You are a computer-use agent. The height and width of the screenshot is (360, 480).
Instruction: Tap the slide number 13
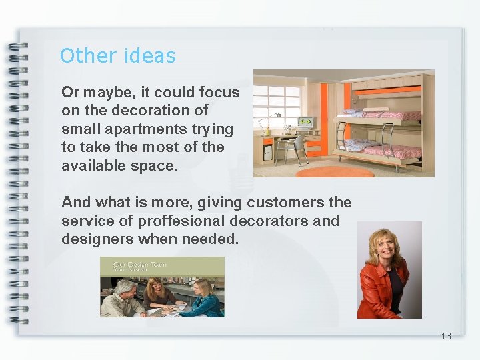446,336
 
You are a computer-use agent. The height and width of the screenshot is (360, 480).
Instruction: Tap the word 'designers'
95,239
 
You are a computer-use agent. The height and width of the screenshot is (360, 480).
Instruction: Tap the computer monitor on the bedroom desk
305,122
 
